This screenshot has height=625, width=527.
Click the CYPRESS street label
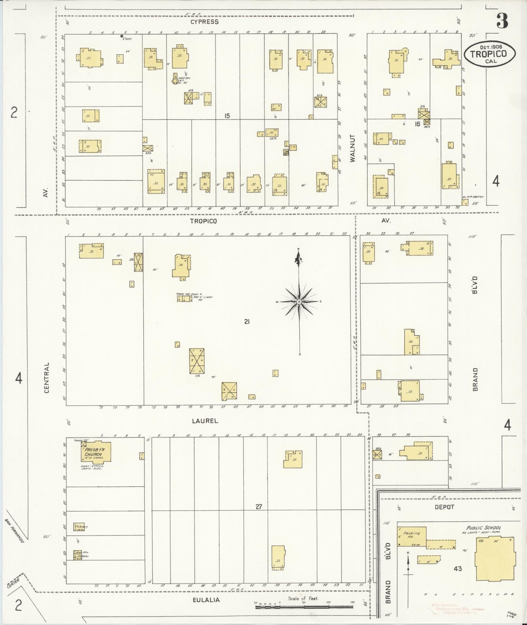click(205, 22)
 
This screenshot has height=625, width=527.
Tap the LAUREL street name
click(205, 421)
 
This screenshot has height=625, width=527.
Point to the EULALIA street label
click(206, 600)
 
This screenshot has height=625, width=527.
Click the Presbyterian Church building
click(96, 452)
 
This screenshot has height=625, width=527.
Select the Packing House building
click(412, 536)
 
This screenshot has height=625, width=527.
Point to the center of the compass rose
click(299, 302)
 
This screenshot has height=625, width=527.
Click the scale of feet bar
click(304, 607)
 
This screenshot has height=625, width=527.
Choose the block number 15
click(227, 116)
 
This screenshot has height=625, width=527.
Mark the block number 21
click(247, 322)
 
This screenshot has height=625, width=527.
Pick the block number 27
click(259, 507)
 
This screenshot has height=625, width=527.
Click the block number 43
click(457, 569)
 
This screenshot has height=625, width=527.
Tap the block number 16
click(417, 124)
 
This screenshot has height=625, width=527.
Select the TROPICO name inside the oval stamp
click(489, 54)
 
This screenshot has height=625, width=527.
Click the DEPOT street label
click(444, 507)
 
